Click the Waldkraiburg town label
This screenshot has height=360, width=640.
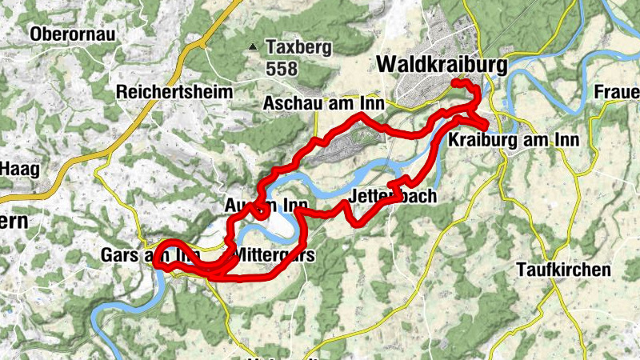coord(440,63)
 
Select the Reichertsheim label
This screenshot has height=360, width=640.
coord(174,92)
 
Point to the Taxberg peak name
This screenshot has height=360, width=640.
coord(298,47)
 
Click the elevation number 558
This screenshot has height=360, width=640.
coord(282,70)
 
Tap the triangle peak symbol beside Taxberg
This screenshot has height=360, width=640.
coord(254,47)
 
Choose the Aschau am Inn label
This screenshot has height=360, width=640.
coord(324,103)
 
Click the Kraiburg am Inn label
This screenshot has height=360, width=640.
coord(514,140)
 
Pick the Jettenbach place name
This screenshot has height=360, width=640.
coord(391,197)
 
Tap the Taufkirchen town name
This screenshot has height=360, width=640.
coord(563,270)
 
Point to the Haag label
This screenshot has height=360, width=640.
coord(18,169)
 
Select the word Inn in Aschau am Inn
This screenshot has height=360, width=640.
coord(372,103)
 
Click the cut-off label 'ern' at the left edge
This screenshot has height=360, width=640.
coord(12,222)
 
